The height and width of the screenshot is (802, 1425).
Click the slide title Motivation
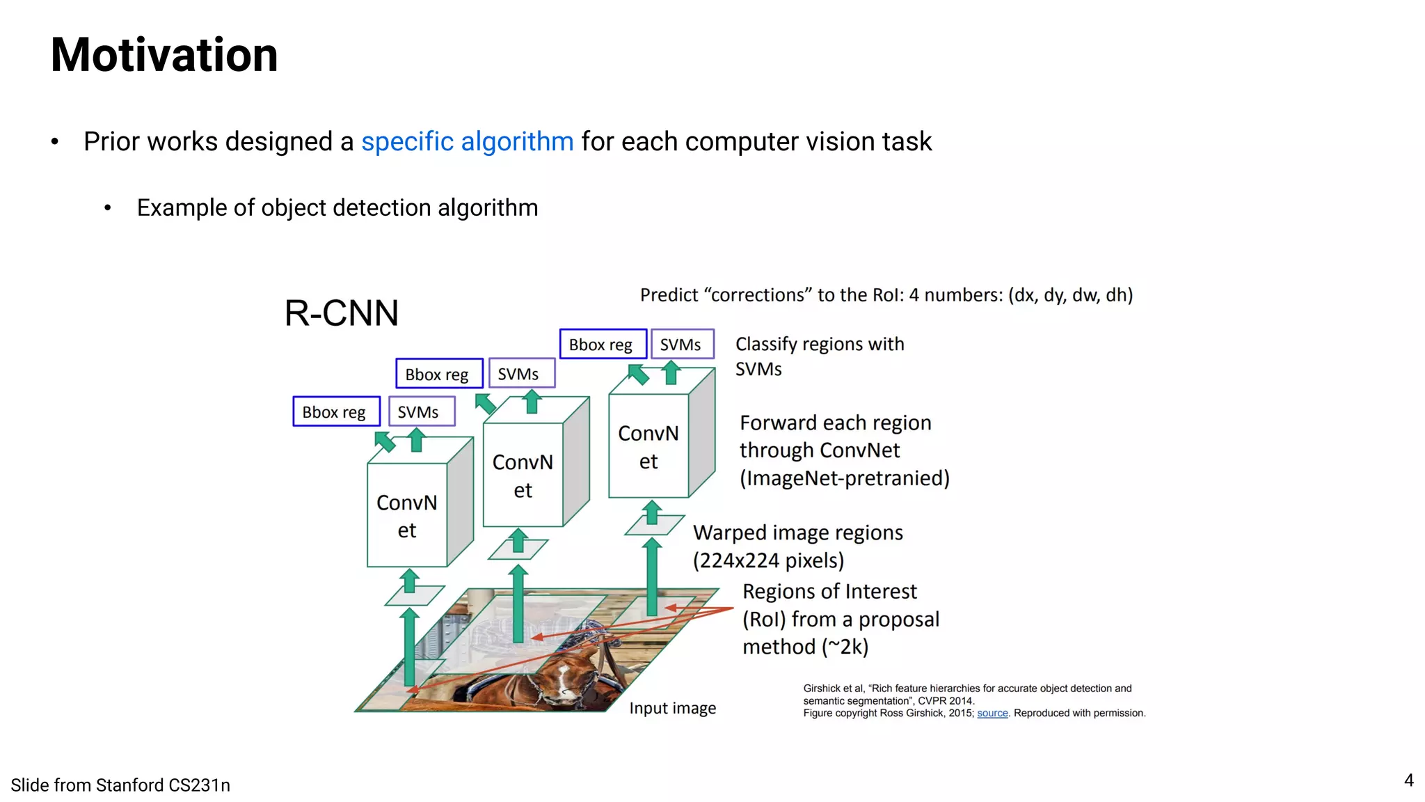(164, 55)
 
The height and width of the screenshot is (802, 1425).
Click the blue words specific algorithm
(467, 141)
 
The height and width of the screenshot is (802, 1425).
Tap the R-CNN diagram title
(341, 313)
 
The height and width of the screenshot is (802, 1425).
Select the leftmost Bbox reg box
(336, 411)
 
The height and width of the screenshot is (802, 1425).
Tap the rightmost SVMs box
(682, 344)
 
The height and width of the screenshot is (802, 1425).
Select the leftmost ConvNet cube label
(407, 516)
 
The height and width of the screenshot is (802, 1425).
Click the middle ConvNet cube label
(523, 475)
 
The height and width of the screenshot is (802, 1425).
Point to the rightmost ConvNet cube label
(648, 447)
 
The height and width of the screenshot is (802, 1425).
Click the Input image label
(672, 708)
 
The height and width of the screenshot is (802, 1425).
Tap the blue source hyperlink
(992, 713)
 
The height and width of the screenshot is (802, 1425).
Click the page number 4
(1408, 780)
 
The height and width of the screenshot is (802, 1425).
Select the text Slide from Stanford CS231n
(120, 785)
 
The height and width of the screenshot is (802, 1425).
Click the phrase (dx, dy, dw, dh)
(1070, 295)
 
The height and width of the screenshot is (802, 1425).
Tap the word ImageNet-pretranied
(844, 478)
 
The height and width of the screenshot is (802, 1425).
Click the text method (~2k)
(805, 647)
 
